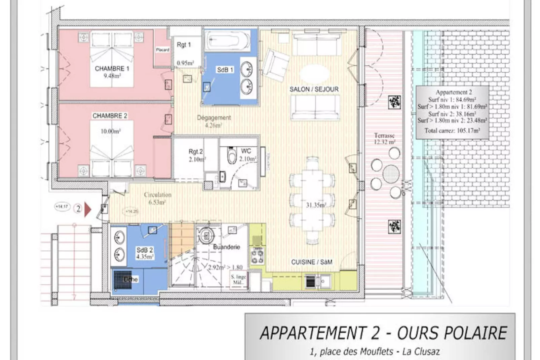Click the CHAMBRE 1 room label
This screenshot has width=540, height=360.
[112, 69]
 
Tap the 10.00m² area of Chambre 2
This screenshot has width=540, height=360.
[111, 132]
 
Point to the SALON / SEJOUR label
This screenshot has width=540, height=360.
[314, 89]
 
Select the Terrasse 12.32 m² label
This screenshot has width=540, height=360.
[384, 139]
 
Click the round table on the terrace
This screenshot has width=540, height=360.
[391, 174]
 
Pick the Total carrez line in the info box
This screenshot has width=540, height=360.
[452, 131]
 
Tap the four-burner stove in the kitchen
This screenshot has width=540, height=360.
[258, 256]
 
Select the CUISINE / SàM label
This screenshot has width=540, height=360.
[311, 262]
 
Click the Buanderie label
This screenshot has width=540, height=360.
[227, 247]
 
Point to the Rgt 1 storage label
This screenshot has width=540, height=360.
[184, 45]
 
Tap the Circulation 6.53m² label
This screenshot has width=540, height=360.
[157, 199]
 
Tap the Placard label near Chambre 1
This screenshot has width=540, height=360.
[162, 50]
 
